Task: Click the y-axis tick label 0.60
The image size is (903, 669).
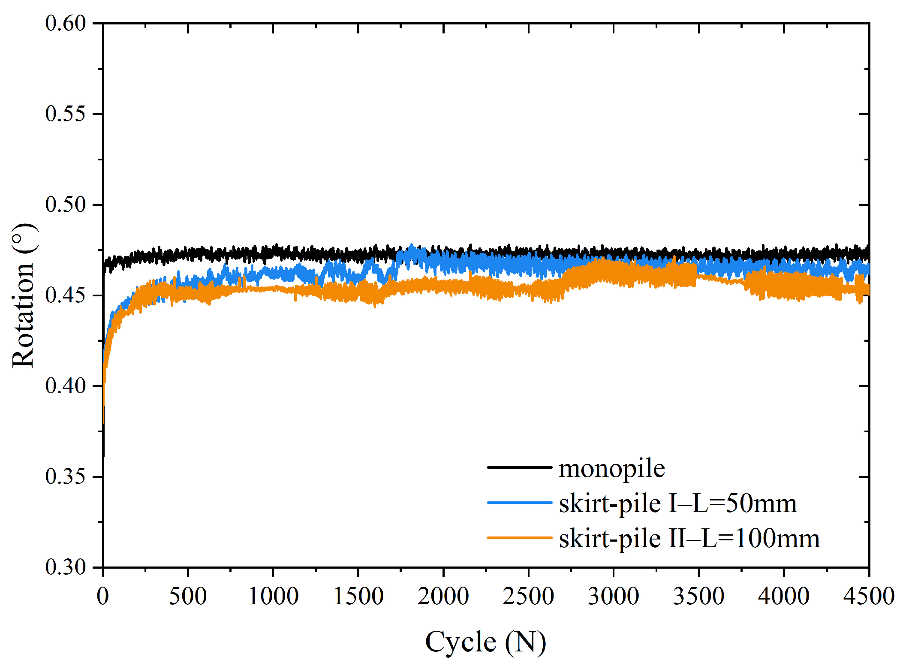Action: point(65,23)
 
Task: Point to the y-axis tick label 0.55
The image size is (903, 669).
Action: point(65,114)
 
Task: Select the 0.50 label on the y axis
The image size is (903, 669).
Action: point(65,205)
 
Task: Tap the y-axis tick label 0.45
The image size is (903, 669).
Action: point(65,295)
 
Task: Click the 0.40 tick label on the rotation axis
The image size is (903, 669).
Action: point(65,386)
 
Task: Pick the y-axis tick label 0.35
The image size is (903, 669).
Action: point(65,476)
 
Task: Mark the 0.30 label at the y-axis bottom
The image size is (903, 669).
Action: point(65,567)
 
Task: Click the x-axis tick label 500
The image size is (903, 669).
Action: point(188,597)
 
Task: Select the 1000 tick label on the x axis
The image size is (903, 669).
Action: point(273,597)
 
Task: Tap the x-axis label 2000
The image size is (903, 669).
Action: point(443,597)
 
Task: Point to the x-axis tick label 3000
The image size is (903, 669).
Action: point(613,597)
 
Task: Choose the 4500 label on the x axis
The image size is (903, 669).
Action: point(869,597)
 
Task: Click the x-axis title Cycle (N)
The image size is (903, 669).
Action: point(485,642)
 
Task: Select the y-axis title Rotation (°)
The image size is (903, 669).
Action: point(23,295)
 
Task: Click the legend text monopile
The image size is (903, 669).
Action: point(611,468)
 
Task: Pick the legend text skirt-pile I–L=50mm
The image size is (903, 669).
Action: point(677,503)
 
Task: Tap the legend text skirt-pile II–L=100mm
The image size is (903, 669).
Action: point(689,538)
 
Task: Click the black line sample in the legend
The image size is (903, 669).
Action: point(519,467)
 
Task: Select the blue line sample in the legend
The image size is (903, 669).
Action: point(519,502)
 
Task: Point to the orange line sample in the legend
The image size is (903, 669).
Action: point(519,537)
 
